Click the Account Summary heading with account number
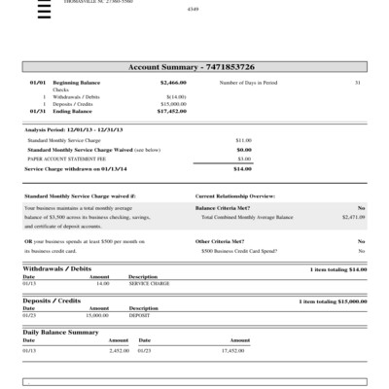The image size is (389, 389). click(192, 67)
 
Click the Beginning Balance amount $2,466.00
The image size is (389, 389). click(171, 84)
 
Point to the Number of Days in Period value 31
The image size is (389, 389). click(358, 84)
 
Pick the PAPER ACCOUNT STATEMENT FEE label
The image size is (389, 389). click(61, 159)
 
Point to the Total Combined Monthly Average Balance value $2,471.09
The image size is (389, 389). click(352, 217)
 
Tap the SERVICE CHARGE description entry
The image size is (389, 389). click(148, 283)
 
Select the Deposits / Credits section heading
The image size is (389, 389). click(52, 301)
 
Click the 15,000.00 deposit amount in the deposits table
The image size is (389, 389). click(97, 316)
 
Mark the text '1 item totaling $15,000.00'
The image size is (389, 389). click(333, 301)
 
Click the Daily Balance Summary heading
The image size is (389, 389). click(60, 333)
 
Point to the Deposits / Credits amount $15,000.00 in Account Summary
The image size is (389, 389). click(171, 104)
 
